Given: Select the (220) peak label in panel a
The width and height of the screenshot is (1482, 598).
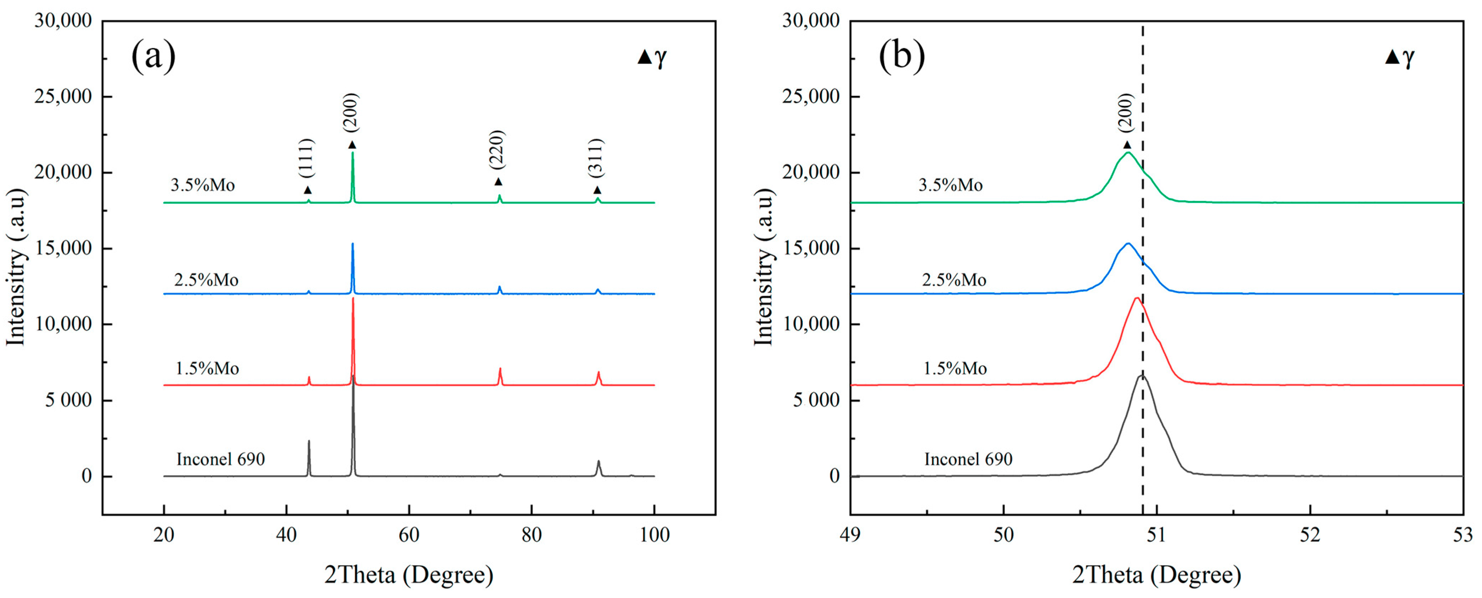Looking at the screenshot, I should (x=497, y=150).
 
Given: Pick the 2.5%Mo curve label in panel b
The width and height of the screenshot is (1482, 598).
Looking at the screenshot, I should (x=954, y=280).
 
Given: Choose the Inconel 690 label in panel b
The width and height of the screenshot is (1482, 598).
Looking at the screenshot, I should (x=968, y=459).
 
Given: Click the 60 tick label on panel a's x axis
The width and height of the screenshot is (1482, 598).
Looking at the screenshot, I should (x=409, y=535).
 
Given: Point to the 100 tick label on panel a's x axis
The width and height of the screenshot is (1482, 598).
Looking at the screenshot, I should (x=654, y=535).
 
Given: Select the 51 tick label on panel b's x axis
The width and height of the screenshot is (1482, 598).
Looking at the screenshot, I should (x=1157, y=535).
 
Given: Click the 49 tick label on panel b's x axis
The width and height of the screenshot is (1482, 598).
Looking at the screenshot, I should (x=850, y=535).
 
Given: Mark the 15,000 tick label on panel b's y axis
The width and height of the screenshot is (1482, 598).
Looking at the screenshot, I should (x=811, y=249).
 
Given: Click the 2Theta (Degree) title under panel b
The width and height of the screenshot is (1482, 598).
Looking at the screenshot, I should (x=1157, y=575).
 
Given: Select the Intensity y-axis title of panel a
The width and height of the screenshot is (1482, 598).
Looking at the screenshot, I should (x=16, y=268).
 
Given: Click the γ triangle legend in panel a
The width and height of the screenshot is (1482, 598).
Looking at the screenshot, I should (x=652, y=57).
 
